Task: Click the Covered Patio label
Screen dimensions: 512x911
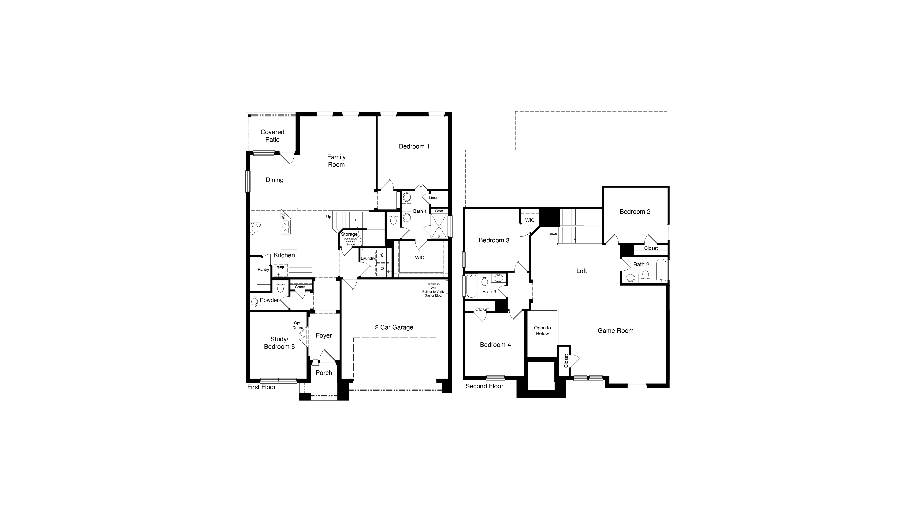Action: coord(272,136)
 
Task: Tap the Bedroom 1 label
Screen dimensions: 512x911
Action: coord(414,146)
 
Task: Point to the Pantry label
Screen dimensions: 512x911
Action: coord(263,270)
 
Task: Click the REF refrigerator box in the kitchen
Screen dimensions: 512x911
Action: coord(280,268)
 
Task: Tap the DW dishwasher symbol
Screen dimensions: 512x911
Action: coord(283,215)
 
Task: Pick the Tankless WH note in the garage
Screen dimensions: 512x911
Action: coord(433,290)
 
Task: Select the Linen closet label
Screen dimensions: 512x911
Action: coord(433,198)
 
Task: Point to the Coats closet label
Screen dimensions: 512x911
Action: coord(300,287)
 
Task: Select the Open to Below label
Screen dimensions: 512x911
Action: coord(542,331)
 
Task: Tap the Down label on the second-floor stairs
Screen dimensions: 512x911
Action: coord(552,234)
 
